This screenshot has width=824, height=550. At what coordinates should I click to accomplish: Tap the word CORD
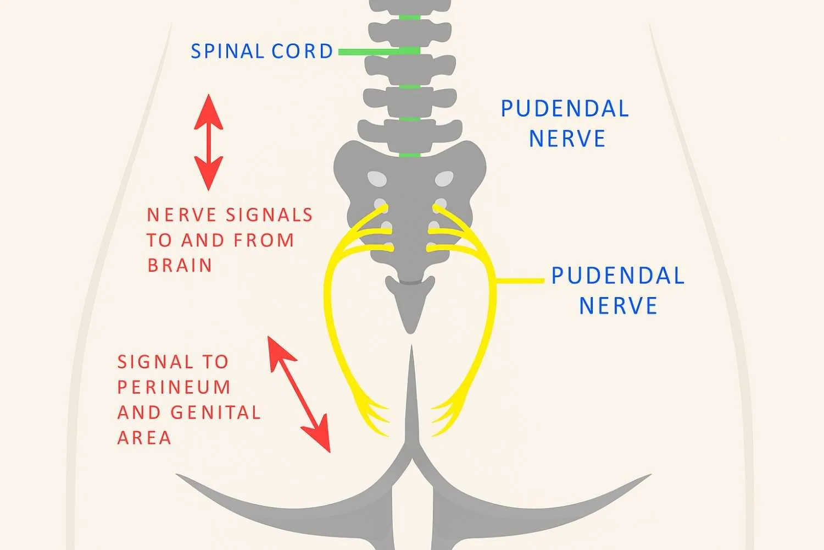click(302, 51)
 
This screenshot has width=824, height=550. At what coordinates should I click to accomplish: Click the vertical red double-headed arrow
click(209, 142)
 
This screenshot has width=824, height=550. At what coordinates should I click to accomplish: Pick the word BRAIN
click(180, 266)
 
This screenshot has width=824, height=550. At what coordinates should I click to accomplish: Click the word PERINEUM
click(174, 387)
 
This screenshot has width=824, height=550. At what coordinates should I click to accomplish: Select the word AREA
click(144, 438)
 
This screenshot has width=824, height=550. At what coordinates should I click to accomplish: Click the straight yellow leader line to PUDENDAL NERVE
click(519, 281)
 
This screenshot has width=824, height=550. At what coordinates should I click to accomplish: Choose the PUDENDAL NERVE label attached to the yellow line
click(618, 291)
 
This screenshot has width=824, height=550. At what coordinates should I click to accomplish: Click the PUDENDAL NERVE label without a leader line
click(565, 124)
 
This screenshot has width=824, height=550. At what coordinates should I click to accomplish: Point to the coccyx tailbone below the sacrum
click(410, 303)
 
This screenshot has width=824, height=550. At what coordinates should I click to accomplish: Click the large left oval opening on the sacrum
click(377, 178)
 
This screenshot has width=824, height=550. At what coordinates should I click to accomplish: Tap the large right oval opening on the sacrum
click(444, 178)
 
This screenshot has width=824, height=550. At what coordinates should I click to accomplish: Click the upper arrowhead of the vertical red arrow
click(209, 110)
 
